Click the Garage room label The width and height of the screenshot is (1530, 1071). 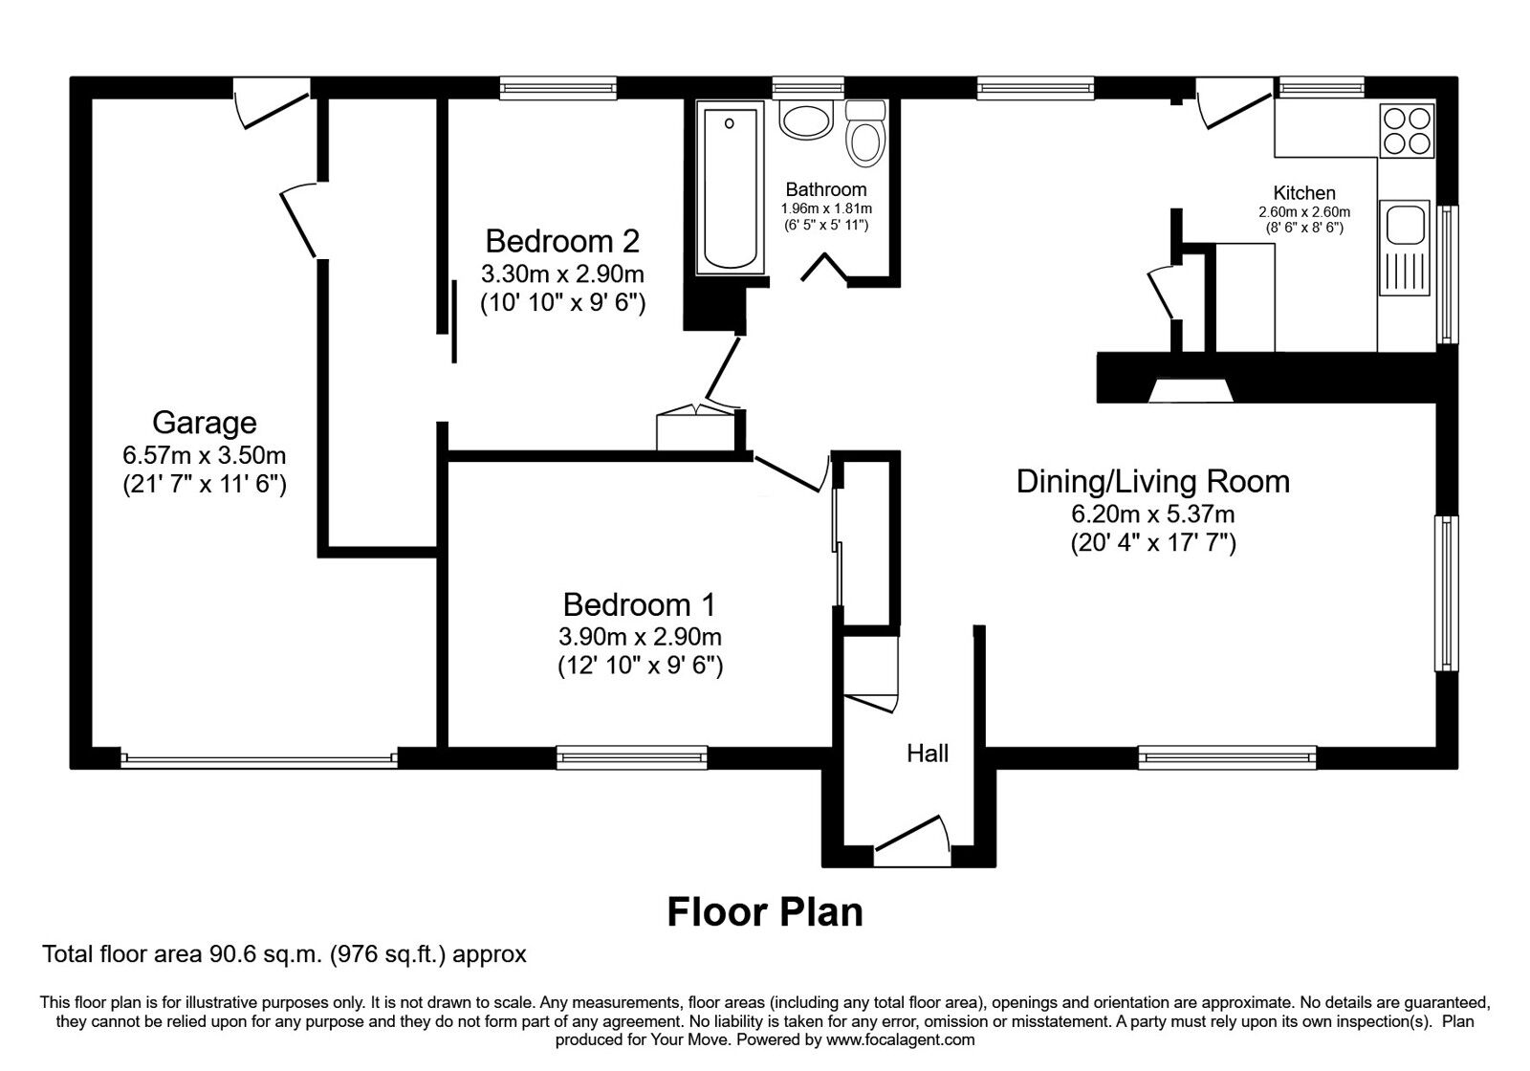tap(204, 423)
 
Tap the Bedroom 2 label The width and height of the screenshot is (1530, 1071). tap(561, 240)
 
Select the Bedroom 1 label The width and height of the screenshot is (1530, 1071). tap(639, 604)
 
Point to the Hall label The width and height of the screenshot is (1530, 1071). tap(928, 754)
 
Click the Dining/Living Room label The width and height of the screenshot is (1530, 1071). tap(1152, 481)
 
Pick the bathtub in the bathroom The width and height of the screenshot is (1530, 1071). tap(732, 187)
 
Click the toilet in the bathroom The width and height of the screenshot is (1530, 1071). tap(866, 136)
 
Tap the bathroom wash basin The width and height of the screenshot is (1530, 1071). tap(806, 121)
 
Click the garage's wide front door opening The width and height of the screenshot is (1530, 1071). tap(258, 758)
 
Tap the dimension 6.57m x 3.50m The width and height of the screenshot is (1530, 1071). tap(204, 454)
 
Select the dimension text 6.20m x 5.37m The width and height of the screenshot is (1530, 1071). tap(1152, 514)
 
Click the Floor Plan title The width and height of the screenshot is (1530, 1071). tap(764, 911)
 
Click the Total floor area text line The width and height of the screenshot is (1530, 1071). tap(284, 954)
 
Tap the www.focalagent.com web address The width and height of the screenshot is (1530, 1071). tap(900, 1039)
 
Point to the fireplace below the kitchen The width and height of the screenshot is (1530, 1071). tap(1191, 390)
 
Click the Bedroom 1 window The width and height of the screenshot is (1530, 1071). tap(632, 758)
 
